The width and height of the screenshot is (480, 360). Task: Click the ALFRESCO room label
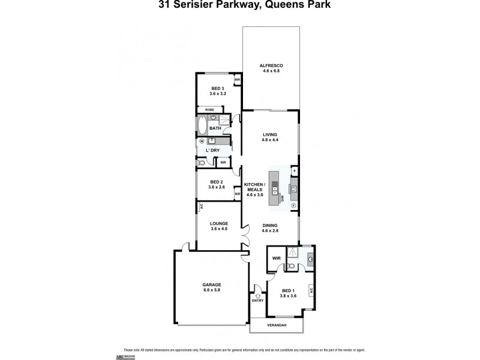click(x=271, y=65)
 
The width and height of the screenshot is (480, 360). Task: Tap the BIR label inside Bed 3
click(x=238, y=80)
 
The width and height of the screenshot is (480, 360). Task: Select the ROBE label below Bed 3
click(x=209, y=110)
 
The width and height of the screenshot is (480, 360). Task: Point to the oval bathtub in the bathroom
click(x=202, y=126)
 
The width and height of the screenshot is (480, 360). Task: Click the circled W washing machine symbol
click(x=202, y=142)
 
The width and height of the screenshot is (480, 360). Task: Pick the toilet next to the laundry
click(x=202, y=162)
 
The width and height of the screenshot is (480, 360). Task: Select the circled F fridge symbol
click(x=293, y=206)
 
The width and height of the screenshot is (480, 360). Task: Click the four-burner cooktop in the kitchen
click(x=294, y=191)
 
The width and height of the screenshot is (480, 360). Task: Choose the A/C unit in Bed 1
click(x=311, y=290)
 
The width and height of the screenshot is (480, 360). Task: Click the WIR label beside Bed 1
click(x=277, y=259)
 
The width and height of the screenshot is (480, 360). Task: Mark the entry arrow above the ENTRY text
click(x=257, y=296)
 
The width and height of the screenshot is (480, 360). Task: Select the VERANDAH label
click(x=276, y=325)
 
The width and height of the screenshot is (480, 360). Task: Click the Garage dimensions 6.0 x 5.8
click(x=212, y=290)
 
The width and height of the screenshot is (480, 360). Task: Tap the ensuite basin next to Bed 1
click(x=310, y=259)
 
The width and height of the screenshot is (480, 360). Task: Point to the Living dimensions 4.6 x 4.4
click(x=270, y=140)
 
